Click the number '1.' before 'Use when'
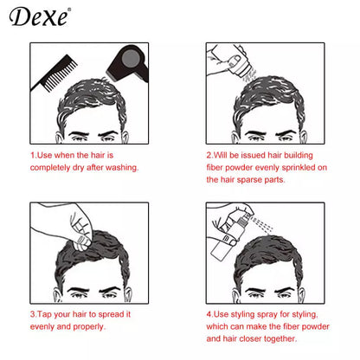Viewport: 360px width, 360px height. tap(33, 155)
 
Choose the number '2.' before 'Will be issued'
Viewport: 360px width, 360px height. tap(209, 155)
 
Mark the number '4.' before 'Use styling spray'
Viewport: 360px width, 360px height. tap(209, 315)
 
